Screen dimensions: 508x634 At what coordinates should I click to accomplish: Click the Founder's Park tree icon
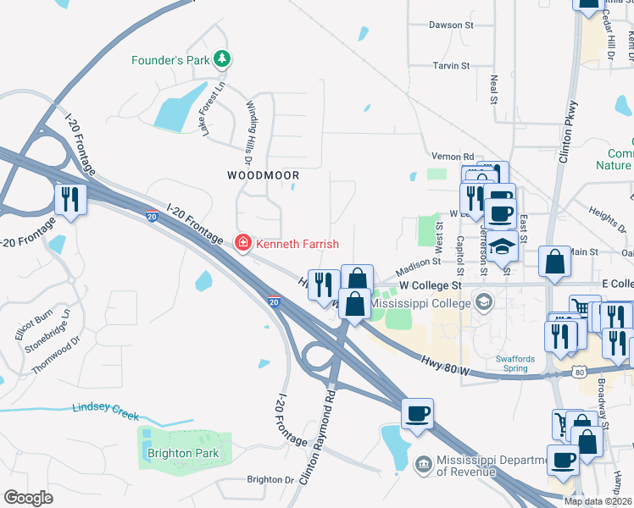point(222,59)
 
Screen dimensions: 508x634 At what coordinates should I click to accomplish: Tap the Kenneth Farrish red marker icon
point(243,243)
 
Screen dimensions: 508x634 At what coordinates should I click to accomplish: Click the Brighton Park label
point(183,453)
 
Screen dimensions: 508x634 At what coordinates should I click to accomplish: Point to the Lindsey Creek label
point(105,411)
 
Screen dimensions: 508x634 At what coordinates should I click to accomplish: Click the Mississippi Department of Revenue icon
point(423,465)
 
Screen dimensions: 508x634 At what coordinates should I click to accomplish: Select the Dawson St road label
point(450,25)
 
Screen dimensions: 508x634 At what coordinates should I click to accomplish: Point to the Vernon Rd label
point(452,157)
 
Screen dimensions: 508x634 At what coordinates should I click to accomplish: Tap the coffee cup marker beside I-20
point(417,414)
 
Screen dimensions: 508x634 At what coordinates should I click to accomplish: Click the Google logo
point(28,497)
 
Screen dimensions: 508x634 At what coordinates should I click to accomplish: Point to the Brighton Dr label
point(270,479)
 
